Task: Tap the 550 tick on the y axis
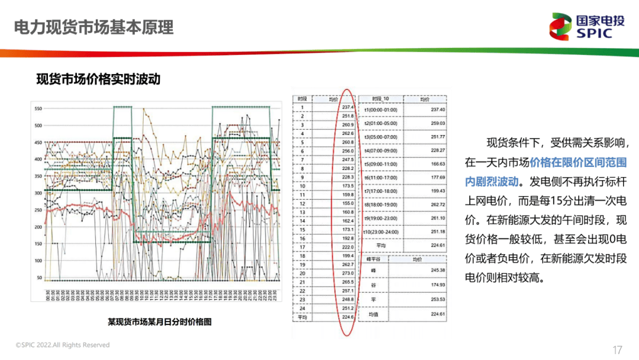point(39,109)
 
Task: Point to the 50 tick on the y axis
point(40,278)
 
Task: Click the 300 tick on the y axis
point(39,194)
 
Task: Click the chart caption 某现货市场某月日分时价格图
point(160,322)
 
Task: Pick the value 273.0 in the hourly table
point(347,273)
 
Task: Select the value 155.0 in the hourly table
point(347,203)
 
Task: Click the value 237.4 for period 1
point(347,107)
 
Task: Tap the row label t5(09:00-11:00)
point(381,163)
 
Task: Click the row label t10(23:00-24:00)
point(382,232)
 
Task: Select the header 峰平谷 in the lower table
point(373,259)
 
